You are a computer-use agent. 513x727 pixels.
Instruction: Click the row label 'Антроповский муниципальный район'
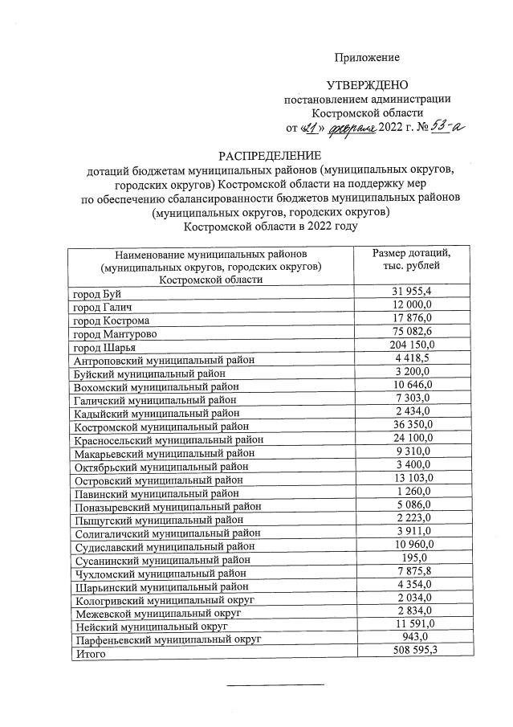pos(164,361)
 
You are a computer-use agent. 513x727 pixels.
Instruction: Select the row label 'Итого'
pos(88,653)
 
